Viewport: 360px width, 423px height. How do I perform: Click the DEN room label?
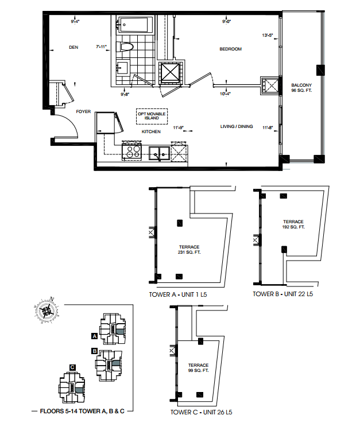click(73, 47)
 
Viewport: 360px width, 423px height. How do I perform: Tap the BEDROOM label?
click(230, 49)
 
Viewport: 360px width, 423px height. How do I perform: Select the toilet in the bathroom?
click(125, 47)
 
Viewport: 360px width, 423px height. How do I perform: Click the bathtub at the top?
click(133, 25)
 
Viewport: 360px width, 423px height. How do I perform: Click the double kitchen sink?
click(159, 153)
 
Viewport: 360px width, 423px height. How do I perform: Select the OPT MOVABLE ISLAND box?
click(152, 117)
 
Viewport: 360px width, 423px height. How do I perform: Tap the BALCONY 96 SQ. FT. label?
click(301, 88)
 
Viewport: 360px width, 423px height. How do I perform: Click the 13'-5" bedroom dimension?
click(268, 35)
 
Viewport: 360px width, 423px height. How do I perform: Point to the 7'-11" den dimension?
click(102, 46)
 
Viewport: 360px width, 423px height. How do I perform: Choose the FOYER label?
click(83, 111)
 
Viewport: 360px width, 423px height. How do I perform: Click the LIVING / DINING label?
click(237, 126)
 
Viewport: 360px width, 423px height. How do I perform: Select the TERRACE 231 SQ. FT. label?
click(189, 250)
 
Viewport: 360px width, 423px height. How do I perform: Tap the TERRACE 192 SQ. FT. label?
click(293, 224)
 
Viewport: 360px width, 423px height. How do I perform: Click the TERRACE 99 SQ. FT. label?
click(198, 368)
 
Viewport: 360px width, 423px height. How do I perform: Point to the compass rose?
click(47, 311)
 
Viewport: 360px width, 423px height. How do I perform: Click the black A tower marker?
click(94, 336)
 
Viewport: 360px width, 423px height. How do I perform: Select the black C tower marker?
click(72, 367)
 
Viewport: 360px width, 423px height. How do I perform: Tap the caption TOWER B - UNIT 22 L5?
click(283, 294)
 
